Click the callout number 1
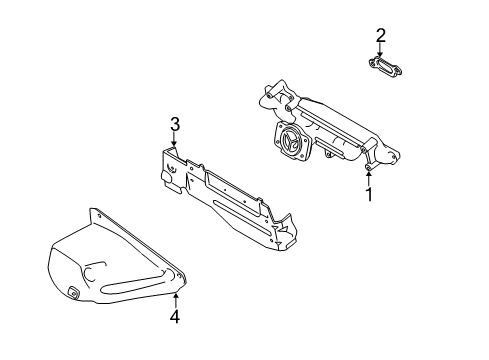point(369,194)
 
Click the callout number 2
point(381,35)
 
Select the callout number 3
point(175,124)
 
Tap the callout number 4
point(175,316)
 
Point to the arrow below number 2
point(380,50)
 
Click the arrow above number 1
point(369,178)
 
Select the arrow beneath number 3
point(174,139)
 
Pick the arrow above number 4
point(176,300)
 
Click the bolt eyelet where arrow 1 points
point(369,167)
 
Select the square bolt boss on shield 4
point(73,292)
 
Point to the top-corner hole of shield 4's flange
point(98,215)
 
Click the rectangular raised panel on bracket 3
point(233,191)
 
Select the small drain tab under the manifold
point(328,154)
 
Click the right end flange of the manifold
point(387,157)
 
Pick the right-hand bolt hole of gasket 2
point(398,71)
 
